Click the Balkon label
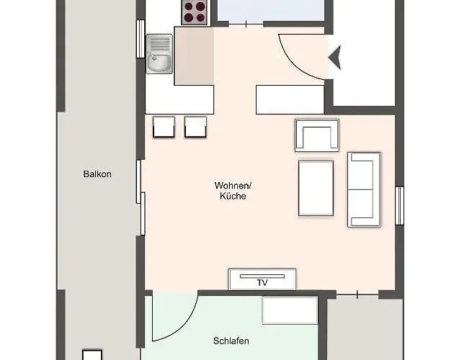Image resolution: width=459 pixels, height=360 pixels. point(97,174)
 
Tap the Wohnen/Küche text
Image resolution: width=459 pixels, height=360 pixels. point(233,191)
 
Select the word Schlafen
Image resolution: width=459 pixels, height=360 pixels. point(231,341)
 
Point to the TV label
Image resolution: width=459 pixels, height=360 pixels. point(262,283)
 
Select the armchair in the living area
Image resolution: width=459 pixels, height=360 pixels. point(316,135)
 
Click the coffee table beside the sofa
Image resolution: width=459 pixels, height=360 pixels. point(316,188)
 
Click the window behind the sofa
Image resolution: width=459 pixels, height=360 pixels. point(398,205)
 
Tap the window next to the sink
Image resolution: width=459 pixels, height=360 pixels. point(141,39)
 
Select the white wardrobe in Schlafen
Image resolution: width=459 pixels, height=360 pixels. point(289,310)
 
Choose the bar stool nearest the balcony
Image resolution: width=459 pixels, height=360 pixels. point(163,127)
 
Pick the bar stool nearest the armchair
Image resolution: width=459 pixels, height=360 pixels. point(196,127)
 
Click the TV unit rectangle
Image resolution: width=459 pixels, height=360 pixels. point(262,279)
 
